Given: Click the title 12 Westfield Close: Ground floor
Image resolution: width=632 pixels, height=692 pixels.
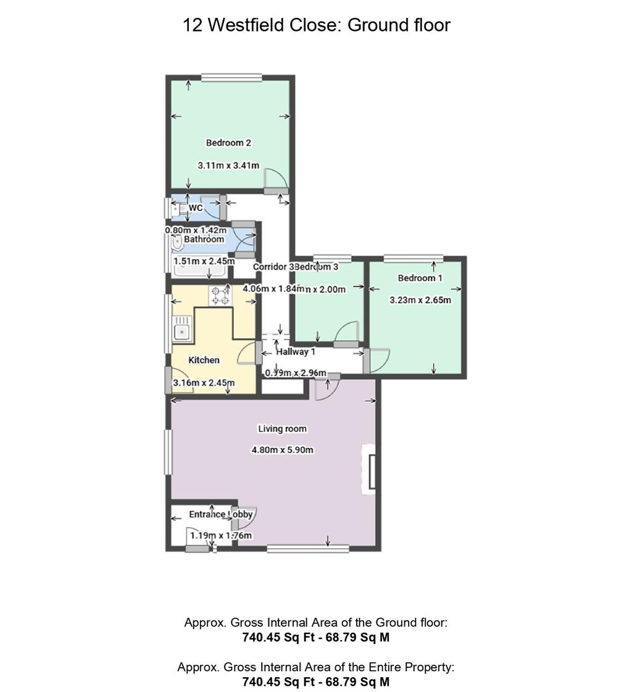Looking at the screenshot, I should tap(316, 25).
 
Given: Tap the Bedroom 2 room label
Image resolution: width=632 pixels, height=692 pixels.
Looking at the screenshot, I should tap(228, 143).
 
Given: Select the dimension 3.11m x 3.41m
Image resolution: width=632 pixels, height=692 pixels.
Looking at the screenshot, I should tap(228, 165).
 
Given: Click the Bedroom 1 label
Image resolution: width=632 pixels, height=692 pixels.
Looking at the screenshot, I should tap(420, 278).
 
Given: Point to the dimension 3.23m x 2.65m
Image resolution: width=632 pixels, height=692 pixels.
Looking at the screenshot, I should tap(420, 301).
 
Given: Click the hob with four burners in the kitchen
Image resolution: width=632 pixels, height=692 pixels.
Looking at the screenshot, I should tap(220, 296).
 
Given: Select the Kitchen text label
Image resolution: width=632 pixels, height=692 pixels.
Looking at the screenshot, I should tap(204, 360).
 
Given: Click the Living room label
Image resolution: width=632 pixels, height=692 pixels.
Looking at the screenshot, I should tap(282, 428).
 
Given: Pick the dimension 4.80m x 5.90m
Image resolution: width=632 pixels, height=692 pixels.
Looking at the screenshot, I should tap(282, 450).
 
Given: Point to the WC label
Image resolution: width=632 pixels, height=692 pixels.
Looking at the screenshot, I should tap(196, 208).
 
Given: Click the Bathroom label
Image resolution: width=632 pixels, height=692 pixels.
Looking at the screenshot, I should tap(204, 239).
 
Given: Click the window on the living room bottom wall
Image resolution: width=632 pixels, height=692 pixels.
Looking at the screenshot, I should tap(307, 548).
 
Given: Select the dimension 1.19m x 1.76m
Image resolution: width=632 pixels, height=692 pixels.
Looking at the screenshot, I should tap(221, 535).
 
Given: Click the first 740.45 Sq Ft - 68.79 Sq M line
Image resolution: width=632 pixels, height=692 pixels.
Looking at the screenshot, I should tap(316, 638).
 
